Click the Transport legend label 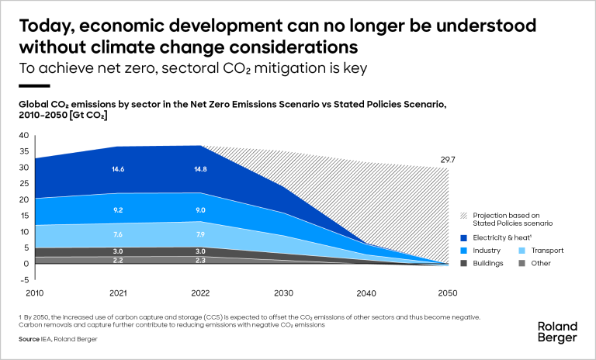coord(547,251)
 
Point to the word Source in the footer coord(29,339)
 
